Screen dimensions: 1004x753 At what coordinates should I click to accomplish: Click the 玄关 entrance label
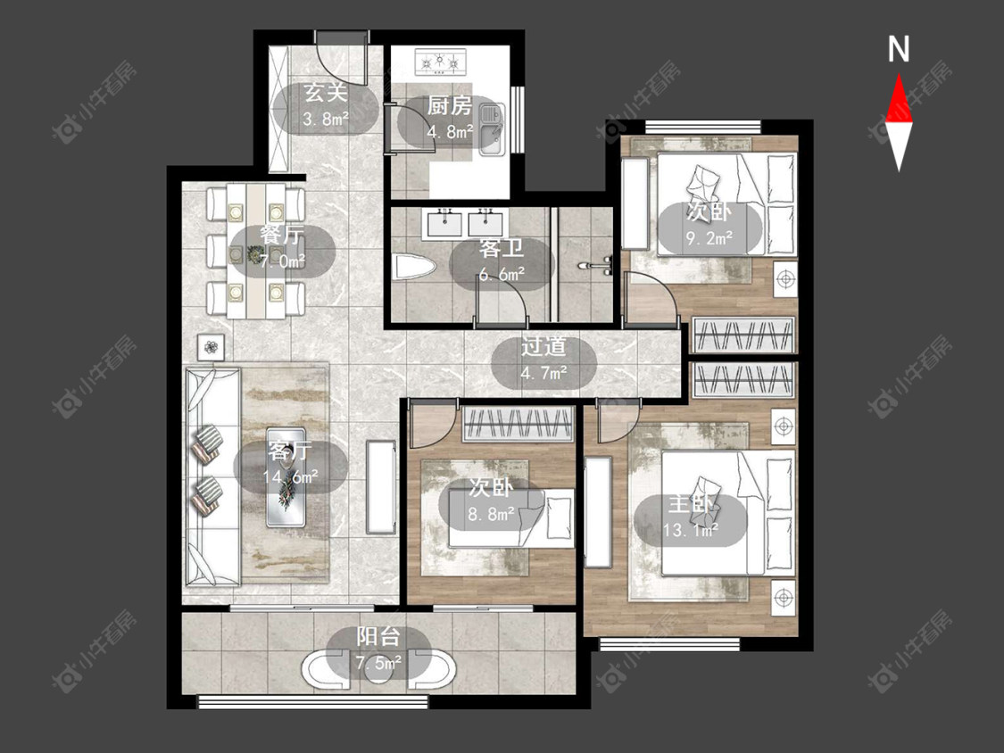pyautogui.click(x=325, y=93)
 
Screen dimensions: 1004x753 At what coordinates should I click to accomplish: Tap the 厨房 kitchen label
pyautogui.click(x=450, y=105)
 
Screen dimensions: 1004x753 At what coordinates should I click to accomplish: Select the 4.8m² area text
pyautogui.click(x=450, y=131)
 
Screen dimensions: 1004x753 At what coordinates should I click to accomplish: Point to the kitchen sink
pyautogui.click(x=492, y=130)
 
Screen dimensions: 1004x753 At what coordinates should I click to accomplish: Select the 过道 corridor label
pyautogui.click(x=543, y=346)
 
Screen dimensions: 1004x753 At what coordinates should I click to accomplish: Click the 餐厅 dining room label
pyautogui.click(x=282, y=235)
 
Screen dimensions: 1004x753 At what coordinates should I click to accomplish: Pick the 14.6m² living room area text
pyautogui.click(x=290, y=477)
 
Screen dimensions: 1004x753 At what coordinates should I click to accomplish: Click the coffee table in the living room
pyautogui.click(x=286, y=476)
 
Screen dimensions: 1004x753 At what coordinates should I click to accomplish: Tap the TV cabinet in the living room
pyautogui.click(x=381, y=486)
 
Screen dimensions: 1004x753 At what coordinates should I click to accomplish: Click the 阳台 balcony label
pyautogui.click(x=379, y=636)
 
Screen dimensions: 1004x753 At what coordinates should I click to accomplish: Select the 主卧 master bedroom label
pyautogui.click(x=690, y=504)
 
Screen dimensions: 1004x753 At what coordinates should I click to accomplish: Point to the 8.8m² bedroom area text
pyautogui.click(x=491, y=514)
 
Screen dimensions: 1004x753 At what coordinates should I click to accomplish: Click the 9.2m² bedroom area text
pyautogui.click(x=709, y=239)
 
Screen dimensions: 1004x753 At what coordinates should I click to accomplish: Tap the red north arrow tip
pyautogui.click(x=899, y=74)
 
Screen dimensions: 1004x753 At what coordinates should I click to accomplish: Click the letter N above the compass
pyautogui.click(x=899, y=49)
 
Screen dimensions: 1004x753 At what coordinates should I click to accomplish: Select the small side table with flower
pyautogui.click(x=212, y=348)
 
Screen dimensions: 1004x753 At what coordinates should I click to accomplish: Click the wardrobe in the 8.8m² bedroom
pyautogui.click(x=518, y=424)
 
